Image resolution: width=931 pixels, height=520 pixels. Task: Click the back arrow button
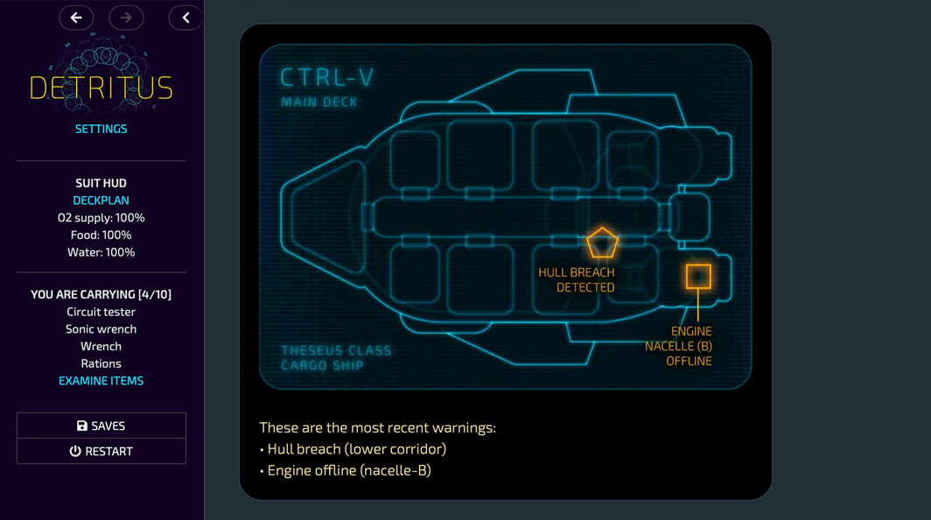pos(76,18)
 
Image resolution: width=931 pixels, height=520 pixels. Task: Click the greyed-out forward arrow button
pos(126,18)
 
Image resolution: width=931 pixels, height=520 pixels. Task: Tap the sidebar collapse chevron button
pos(185,18)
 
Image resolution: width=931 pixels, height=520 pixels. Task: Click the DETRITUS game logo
pos(101,86)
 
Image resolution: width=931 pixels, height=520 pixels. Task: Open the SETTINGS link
pos(101,129)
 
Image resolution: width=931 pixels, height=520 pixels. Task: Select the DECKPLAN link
pos(101,200)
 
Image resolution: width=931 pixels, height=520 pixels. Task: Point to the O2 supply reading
pos(101,218)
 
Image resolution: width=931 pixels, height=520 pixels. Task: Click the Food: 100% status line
pos(101,235)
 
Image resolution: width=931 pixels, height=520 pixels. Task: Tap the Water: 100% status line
pos(101,252)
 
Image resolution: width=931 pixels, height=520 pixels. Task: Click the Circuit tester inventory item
pos(101,312)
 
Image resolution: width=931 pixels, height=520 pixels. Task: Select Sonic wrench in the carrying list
pos(101,329)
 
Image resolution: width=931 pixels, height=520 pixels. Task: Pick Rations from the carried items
pos(101,363)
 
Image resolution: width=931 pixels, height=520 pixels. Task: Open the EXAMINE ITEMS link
pos(101,381)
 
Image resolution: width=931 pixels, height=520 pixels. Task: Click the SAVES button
pos(101,425)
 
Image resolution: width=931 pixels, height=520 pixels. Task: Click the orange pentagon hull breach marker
pos(602,243)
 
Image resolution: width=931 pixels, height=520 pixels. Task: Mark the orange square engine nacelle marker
pos(698,277)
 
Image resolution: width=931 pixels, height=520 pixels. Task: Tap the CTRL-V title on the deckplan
pos(327,78)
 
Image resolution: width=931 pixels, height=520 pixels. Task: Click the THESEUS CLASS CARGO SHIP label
pos(336,357)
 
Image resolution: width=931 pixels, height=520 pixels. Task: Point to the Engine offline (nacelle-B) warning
pos(349,470)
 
